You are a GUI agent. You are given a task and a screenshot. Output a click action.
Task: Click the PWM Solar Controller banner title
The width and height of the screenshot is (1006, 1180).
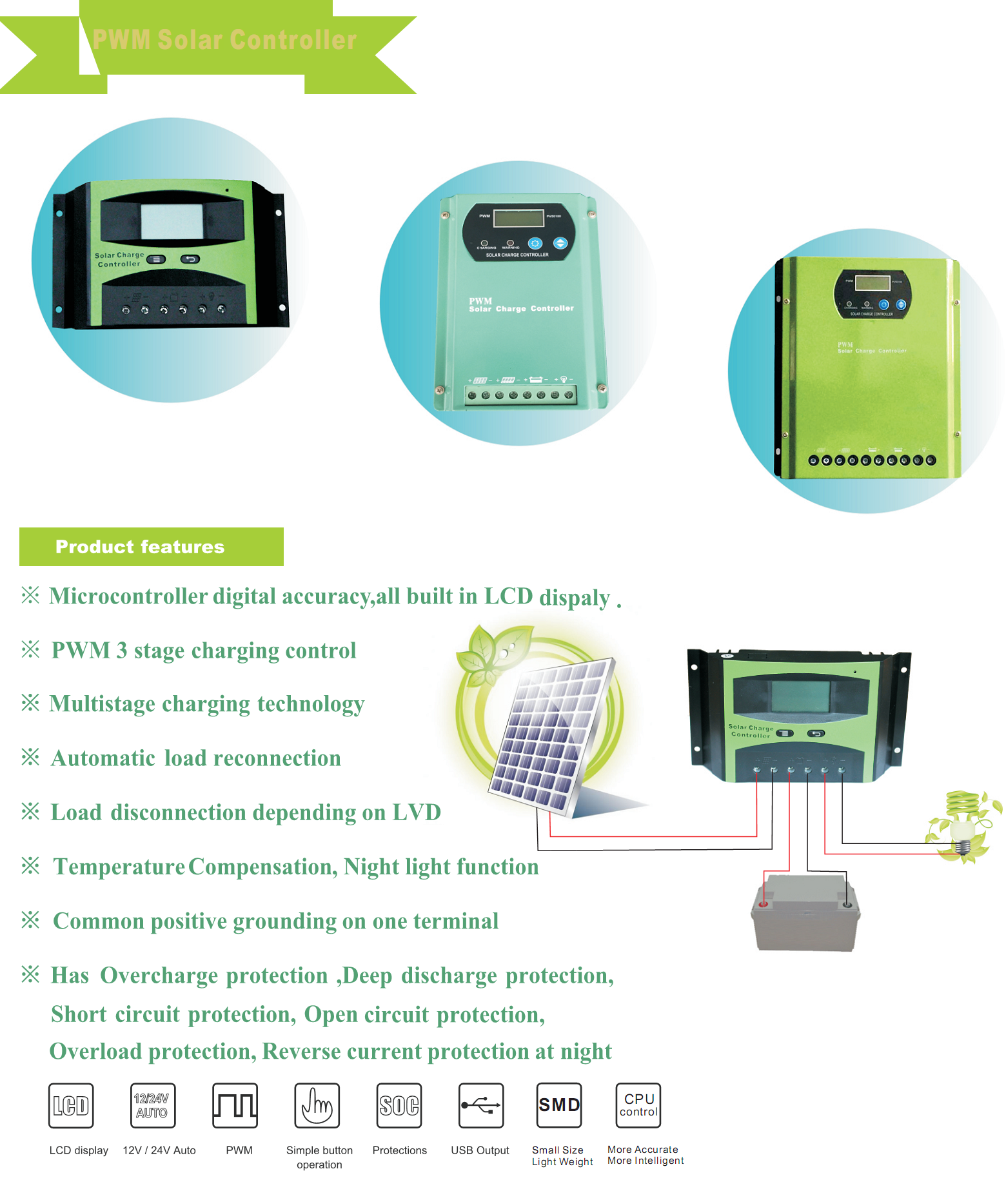pyautogui.click(x=224, y=40)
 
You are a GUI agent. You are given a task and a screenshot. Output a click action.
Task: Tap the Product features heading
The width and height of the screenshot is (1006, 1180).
pyautogui.click(x=140, y=547)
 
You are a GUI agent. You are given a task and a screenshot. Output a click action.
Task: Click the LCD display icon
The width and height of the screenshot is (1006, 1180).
pyautogui.click(x=71, y=1105)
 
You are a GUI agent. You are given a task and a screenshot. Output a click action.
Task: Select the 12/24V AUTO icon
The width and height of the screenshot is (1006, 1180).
pyautogui.click(x=152, y=1105)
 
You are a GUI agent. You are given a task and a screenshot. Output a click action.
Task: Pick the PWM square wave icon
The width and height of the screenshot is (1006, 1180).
pyautogui.click(x=235, y=1105)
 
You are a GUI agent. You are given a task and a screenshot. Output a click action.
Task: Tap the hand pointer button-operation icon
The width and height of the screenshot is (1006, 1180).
pyautogui.click(x=317, y=1105)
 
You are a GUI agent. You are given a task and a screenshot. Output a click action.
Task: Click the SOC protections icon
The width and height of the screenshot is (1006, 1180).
pyautogui.click(x=399, y=1105)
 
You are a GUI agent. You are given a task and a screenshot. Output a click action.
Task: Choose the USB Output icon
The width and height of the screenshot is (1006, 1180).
pyautogui.click(x=481, y=1105)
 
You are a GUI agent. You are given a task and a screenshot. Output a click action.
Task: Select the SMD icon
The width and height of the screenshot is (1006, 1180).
pyautogui.click(x=559, y=1105)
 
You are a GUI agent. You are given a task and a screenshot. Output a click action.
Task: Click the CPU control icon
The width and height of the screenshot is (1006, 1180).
pyautogui.click(x=638, y=1105)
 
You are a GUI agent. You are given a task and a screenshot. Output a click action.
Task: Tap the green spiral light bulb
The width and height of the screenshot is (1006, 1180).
pyautogui.click(x=962, y=822)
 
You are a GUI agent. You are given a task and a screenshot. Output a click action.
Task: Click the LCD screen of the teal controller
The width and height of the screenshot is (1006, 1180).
pyautogui.click(x=519, y=218)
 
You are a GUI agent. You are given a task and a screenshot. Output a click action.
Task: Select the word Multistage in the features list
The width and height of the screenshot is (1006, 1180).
pyautogui.click(x=102, y=703)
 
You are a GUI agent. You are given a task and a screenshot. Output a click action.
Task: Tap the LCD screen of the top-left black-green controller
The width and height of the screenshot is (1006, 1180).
pyautogui.click(x=172, y=221)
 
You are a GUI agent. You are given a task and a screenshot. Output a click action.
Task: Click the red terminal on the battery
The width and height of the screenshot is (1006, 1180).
pyautogui.click(x=764, y=904)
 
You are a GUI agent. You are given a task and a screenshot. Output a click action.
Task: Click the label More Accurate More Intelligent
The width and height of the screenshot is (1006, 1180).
pyautogui.click(x=645, y=1155)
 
